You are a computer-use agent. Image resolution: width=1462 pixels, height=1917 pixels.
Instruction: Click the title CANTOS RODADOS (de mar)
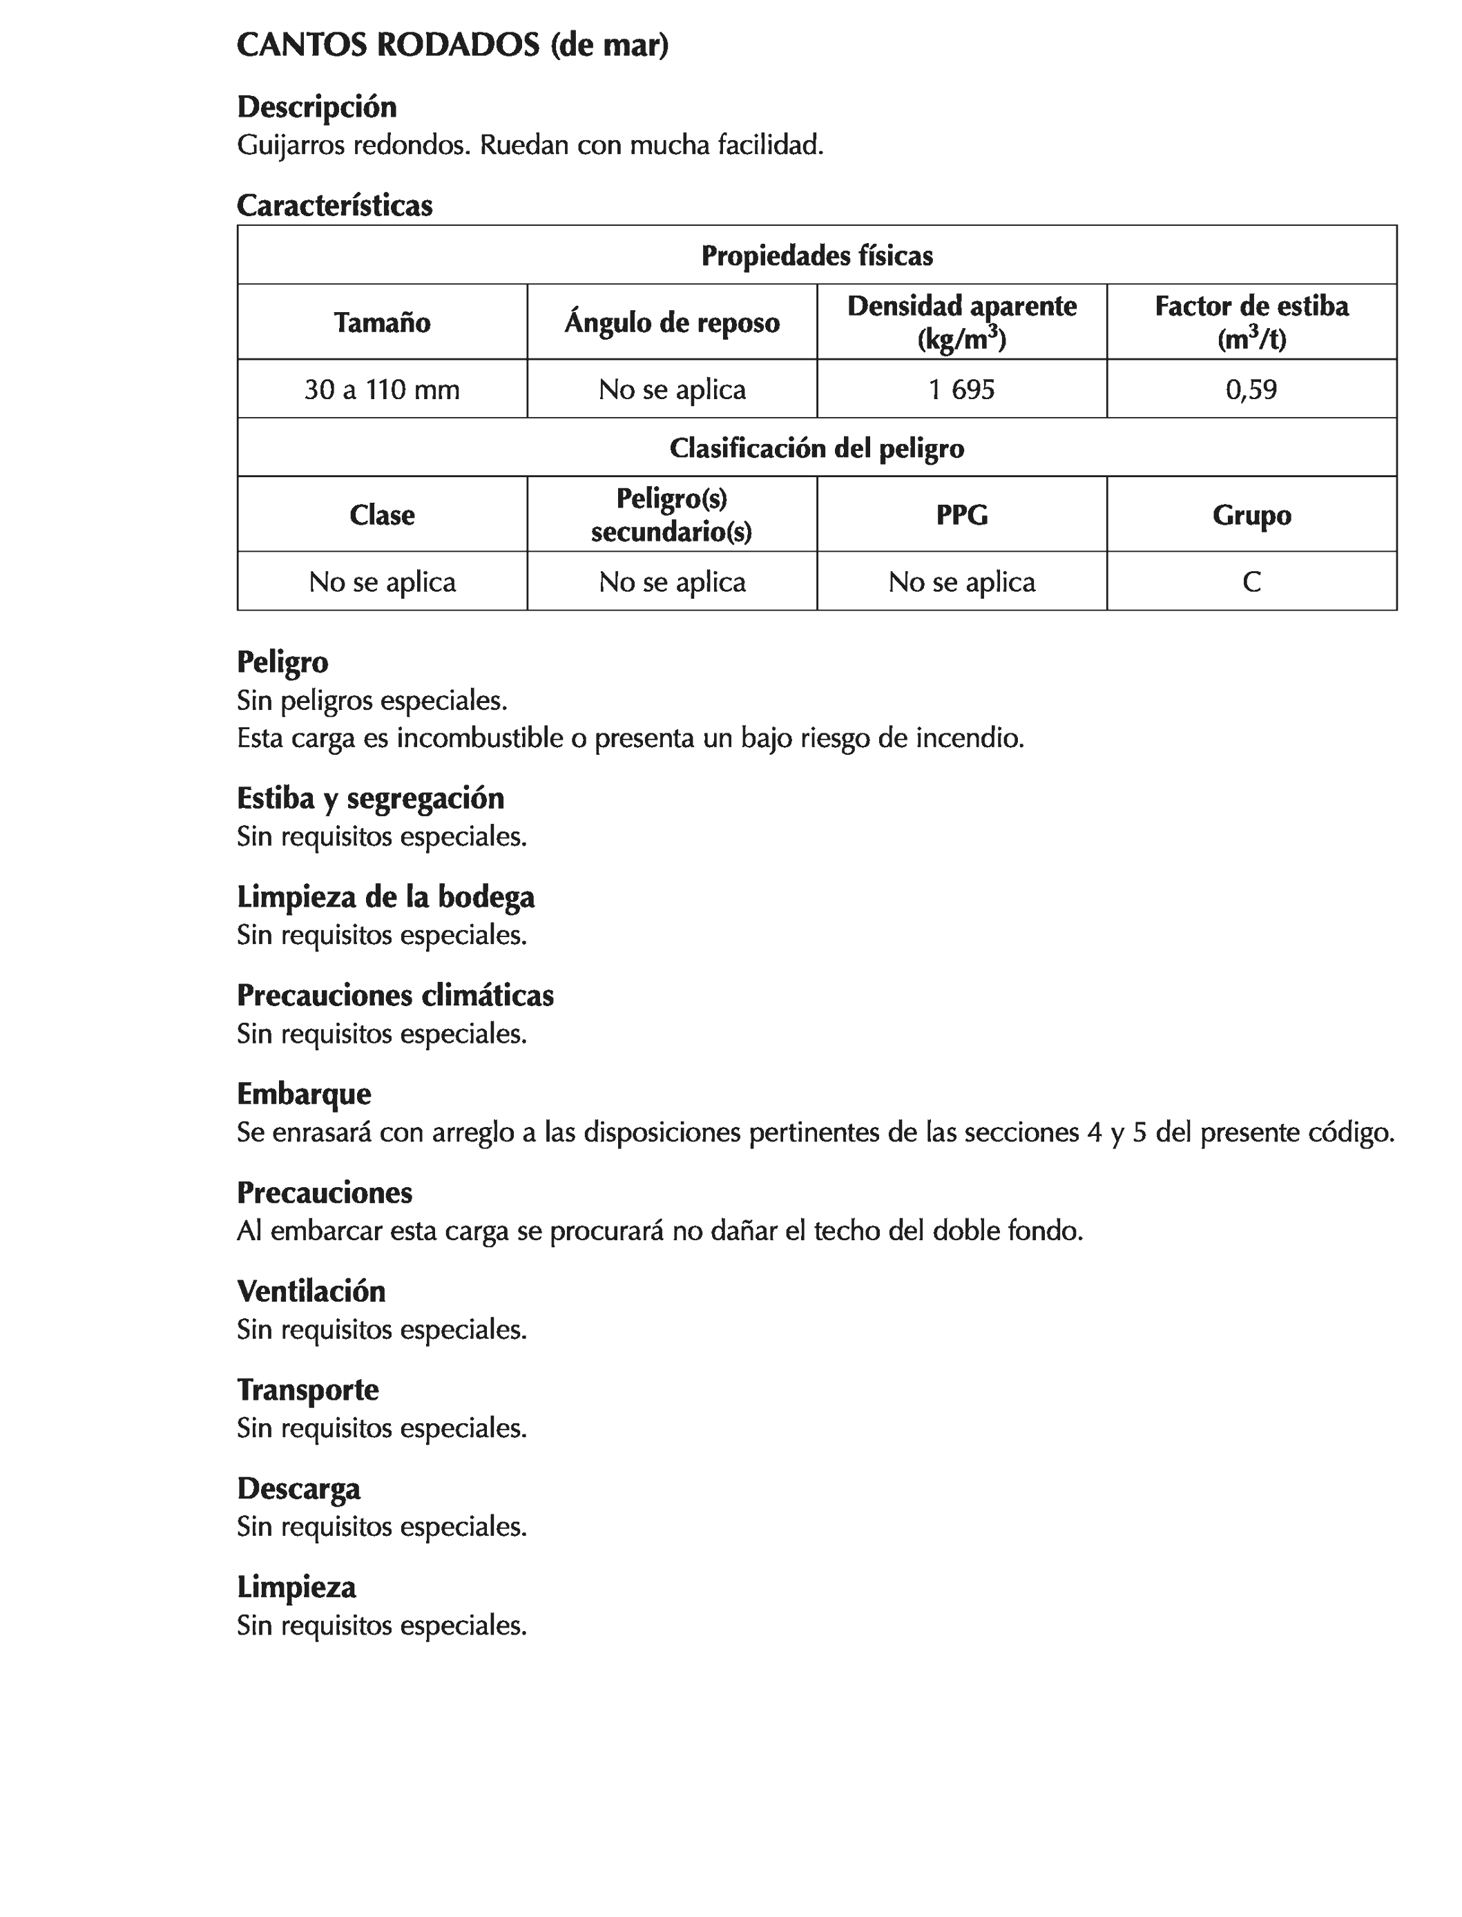(452, 46)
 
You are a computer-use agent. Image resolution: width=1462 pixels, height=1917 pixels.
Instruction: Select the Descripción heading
(317, 107)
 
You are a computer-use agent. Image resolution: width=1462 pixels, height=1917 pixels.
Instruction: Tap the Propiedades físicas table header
(816, 256)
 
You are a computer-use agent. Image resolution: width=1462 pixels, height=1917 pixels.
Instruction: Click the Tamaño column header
(382, 322)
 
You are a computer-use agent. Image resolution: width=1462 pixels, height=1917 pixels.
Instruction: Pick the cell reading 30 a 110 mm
(382, 389)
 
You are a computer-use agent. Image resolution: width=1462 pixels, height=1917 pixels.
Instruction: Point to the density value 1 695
(961, 389)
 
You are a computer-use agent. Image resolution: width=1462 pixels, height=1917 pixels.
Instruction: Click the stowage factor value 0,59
(1251, 389)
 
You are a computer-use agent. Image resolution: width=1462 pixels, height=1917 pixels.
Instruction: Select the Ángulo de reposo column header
(672, 322)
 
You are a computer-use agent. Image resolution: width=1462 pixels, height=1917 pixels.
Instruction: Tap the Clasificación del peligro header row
(816, 448)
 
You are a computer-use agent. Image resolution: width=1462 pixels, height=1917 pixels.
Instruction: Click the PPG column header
(961, 515)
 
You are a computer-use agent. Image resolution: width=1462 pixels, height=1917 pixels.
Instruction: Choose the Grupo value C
(1251, 581)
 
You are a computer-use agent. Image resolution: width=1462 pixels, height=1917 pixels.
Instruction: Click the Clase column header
(382, 515)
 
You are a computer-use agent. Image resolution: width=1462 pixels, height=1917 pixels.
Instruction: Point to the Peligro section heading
(283, 662)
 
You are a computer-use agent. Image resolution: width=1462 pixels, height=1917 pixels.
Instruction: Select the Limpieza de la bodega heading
(385, 897)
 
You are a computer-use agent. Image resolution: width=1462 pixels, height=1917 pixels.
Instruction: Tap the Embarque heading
(304, 1094)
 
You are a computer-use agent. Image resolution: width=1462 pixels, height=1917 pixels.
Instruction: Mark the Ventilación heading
(311, 1291)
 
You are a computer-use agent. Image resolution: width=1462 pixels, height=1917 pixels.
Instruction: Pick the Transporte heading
(307, 1389)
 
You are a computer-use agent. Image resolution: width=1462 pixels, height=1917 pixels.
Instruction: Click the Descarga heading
(298, 1488)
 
